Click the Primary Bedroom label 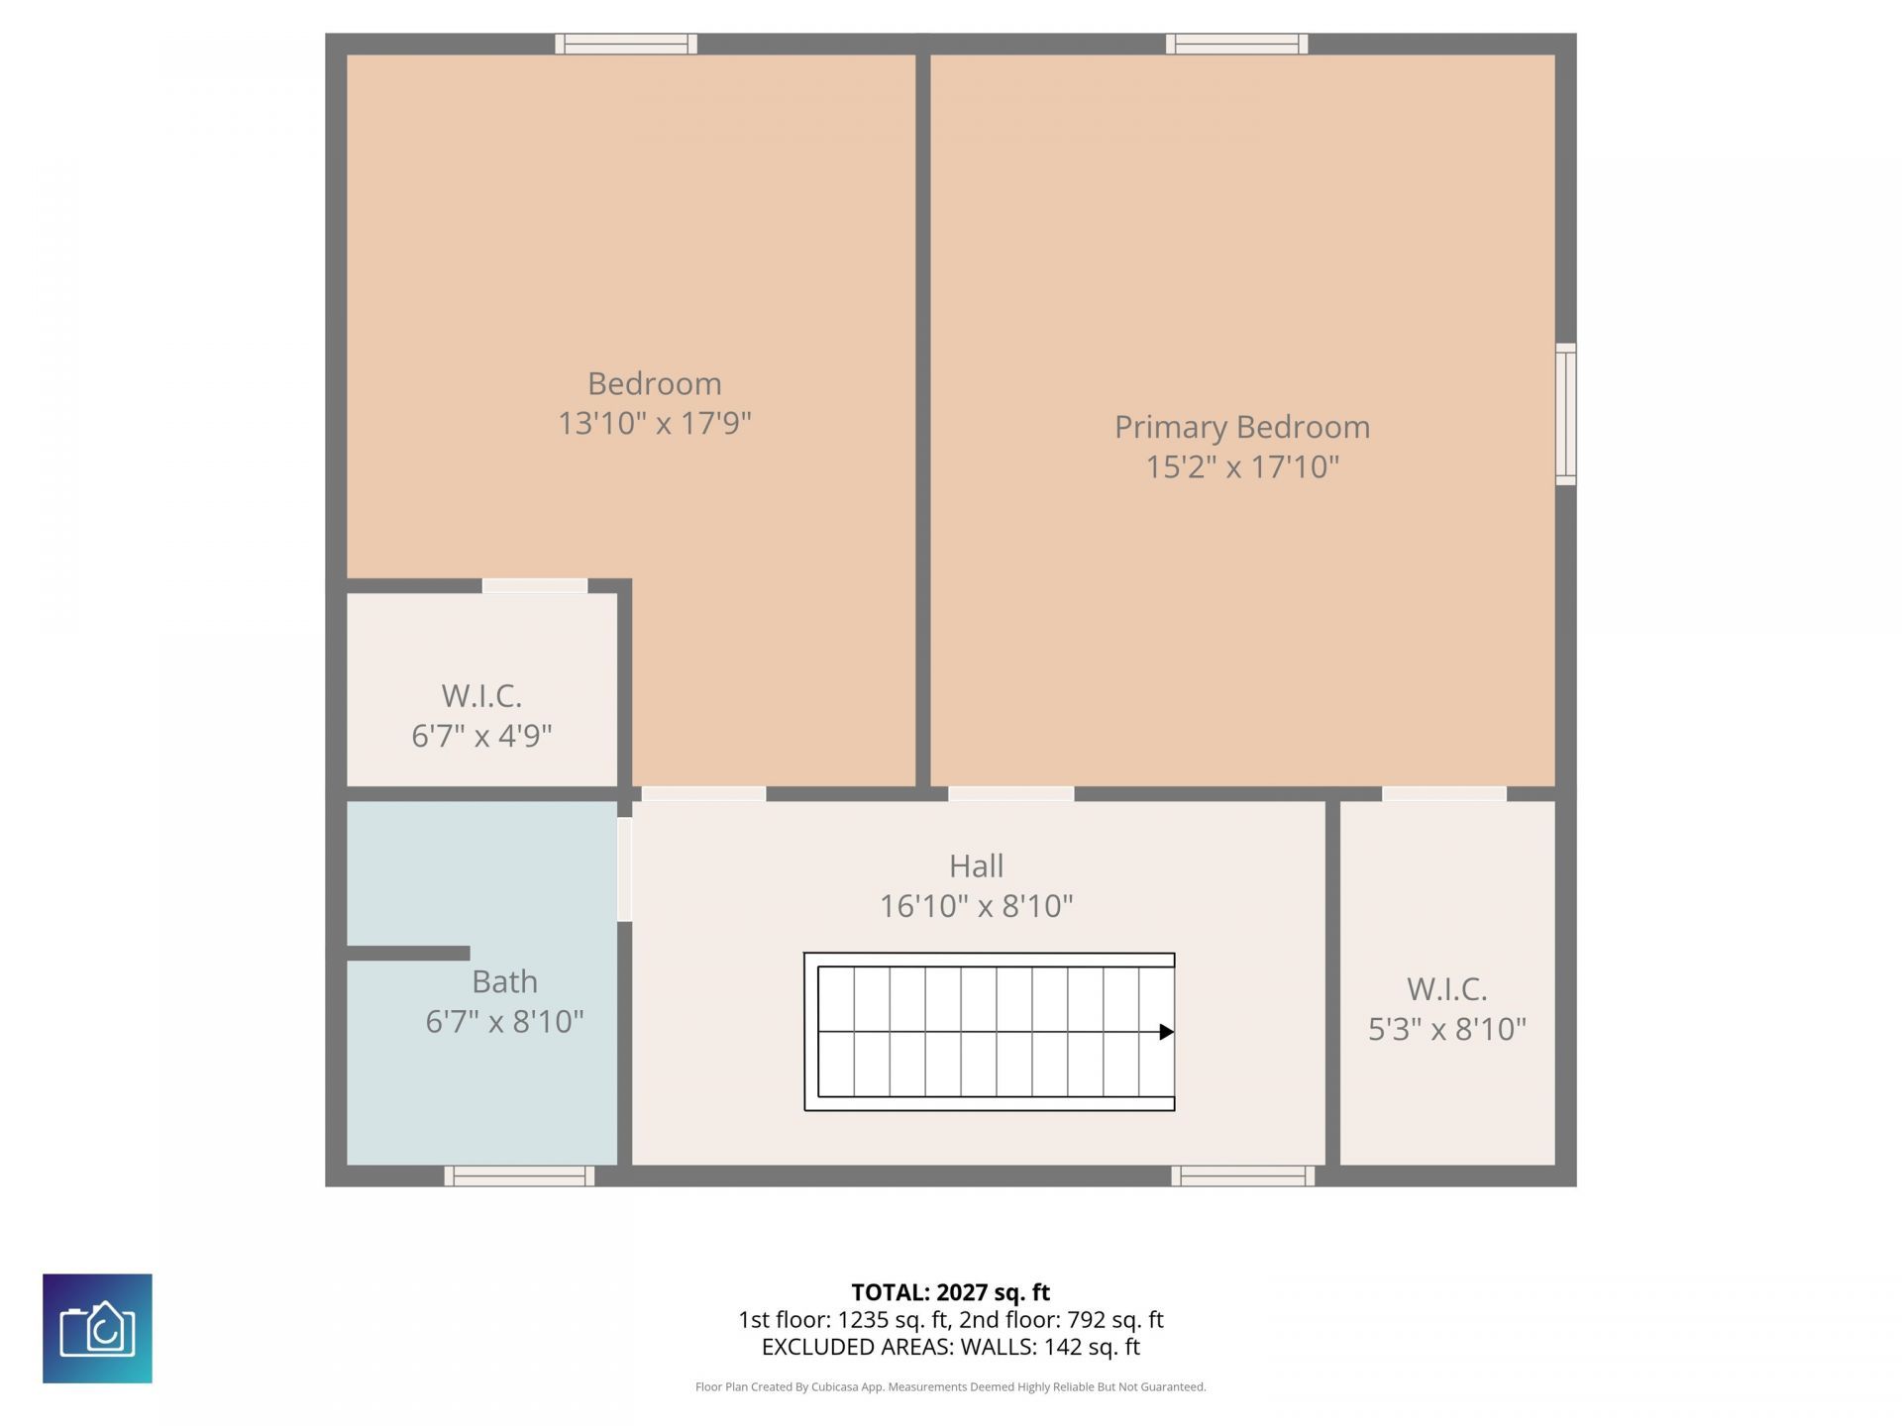tap(1242, 427)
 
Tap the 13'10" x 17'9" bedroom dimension tap(654, 424)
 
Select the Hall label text tap(976, 866)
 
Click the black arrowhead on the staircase tap(1166, 1032)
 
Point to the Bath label tap(504, 981)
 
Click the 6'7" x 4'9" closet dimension tap(481, 736)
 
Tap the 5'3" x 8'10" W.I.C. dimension tap(1446, 1029)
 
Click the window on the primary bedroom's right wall tap(1565, 414)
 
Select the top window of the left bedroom tap(625, 44)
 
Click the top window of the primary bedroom tap(1236, 44)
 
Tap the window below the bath tap(519, 1175)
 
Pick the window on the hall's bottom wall tap(1242, 1175)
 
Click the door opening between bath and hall tap(624, 869)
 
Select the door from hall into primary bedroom tap(1010, 793)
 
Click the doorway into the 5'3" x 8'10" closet tap(1443, 793)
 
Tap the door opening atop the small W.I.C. tap(534, 585)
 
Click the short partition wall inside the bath tap(408, 953)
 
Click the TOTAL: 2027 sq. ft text tap(950, 1292)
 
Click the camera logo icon tap(97, 1328)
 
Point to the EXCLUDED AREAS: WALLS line tap(950, 1347)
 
